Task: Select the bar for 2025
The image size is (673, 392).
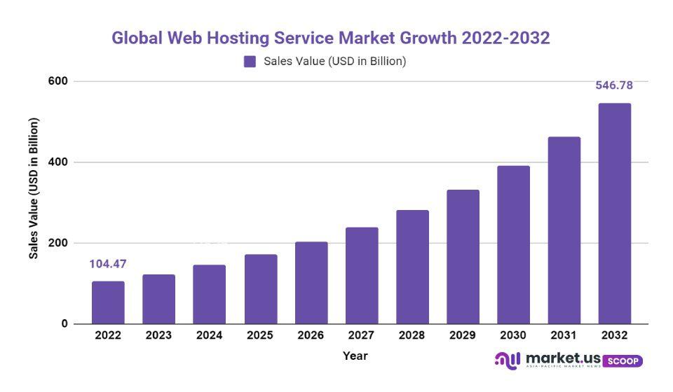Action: [x=260, y=289]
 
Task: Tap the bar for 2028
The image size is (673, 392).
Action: [x=412, y=267]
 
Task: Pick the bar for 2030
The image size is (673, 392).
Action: [x=513, y=245]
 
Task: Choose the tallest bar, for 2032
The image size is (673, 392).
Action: [x=614, y=213]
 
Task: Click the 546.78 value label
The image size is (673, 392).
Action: [x=614, y=85]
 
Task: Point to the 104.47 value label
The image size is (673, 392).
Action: [x=108, y=264]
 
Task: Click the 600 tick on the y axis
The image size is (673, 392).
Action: [x=57, y=81]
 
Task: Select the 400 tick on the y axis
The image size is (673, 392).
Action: [x=57, y=162]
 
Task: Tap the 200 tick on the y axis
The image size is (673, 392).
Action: [x=57, y=243]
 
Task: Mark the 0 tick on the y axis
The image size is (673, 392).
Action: [x=64, y=324]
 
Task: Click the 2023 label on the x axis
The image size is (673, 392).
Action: [x=158, y=336]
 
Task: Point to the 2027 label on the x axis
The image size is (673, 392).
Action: [x=361, y=336]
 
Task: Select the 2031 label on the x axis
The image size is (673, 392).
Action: [x=564, y=336]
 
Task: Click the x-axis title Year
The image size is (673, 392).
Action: [x=355, y=356]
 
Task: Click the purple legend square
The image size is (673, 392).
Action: [x=250, y=62]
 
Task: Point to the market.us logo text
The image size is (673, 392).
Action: [x=561, y=358]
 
